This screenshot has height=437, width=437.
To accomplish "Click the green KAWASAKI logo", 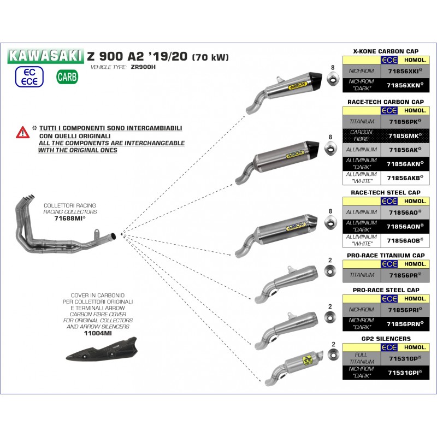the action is (45, 56).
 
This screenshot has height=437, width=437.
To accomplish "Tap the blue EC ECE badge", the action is (29, 76).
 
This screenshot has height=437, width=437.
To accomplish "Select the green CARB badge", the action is (67, 77).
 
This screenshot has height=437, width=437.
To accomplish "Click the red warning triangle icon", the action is (22, 132).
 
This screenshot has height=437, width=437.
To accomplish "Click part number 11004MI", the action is (98, 333).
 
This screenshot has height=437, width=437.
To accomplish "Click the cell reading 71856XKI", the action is (405, 71).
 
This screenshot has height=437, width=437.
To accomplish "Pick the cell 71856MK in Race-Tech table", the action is (405, 135).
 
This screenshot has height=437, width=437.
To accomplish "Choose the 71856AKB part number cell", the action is (405, 178).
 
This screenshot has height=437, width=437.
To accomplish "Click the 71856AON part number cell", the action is (405, 227).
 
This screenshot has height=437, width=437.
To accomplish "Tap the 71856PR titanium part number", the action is (405, 275).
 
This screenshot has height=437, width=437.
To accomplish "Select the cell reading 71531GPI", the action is (405, 373).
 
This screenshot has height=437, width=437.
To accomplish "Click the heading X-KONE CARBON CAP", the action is (386, 51).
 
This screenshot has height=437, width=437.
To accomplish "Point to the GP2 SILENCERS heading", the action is (386, 339).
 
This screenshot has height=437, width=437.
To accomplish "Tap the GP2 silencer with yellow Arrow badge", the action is (294, 367).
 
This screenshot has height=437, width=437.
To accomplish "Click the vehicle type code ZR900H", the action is (143, 67).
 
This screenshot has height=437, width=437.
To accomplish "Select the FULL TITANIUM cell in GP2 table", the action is (362, 358).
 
